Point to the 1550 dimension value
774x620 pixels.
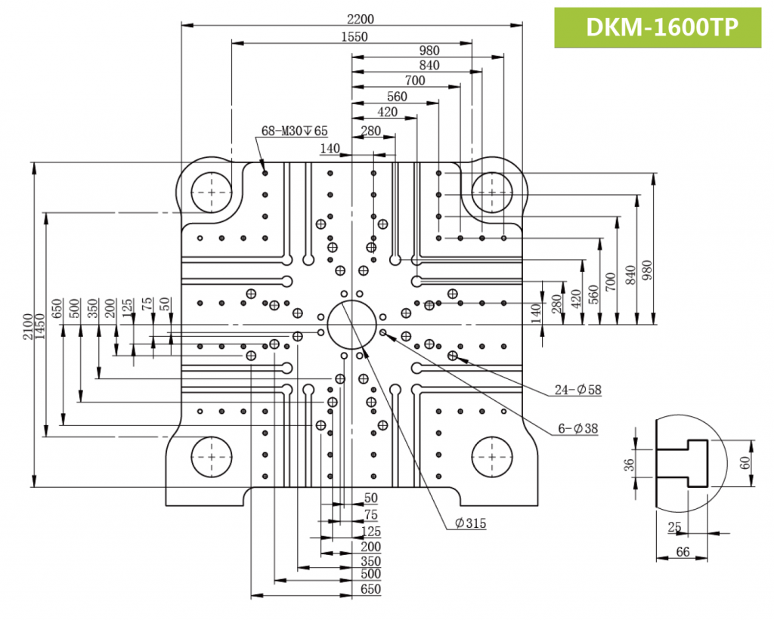354,37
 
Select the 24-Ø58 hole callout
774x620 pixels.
579,391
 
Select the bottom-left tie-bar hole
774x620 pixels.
212,458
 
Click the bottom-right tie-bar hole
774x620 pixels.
493,458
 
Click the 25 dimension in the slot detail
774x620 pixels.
675,527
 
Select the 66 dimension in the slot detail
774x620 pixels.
682,553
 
